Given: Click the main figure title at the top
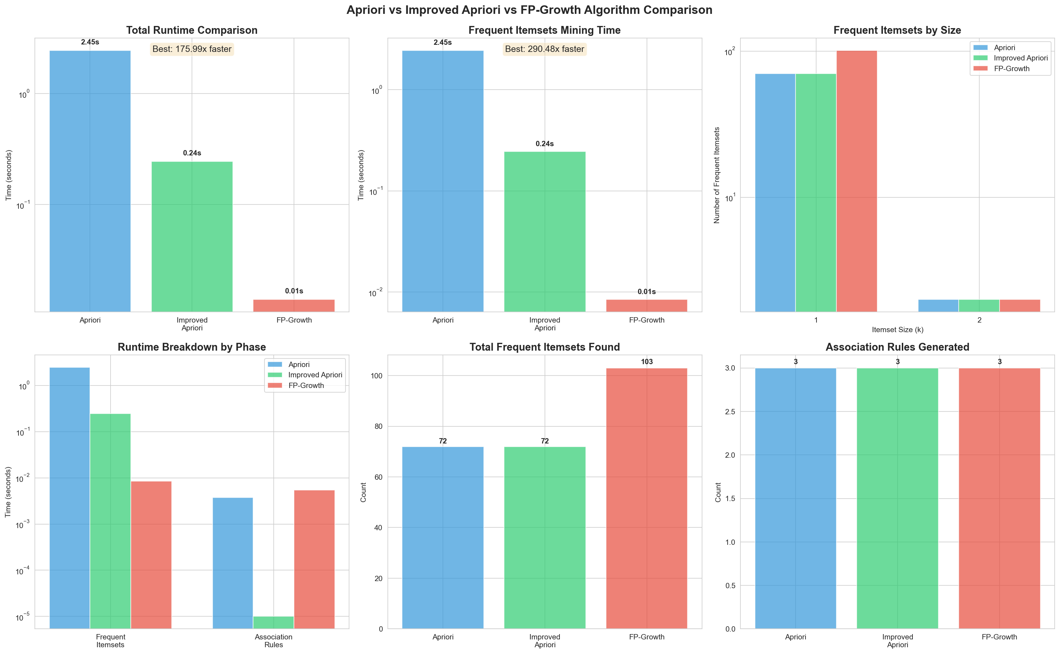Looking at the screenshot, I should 529,10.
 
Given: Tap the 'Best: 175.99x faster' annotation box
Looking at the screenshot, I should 192,49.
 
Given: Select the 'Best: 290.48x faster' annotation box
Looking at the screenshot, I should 544,49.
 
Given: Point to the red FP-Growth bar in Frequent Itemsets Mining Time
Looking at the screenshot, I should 646,305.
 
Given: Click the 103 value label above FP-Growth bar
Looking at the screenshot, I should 646,362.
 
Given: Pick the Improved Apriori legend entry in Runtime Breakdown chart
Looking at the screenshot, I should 315,375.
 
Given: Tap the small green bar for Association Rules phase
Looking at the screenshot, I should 273,622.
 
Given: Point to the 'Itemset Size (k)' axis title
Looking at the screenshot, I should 897,330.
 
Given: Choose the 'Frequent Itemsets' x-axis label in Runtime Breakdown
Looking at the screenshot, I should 110,640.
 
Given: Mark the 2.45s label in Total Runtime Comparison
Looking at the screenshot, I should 90,42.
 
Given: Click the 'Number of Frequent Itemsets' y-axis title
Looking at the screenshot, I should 717,175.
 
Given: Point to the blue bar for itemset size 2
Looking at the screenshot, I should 938,305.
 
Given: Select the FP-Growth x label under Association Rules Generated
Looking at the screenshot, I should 999,637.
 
